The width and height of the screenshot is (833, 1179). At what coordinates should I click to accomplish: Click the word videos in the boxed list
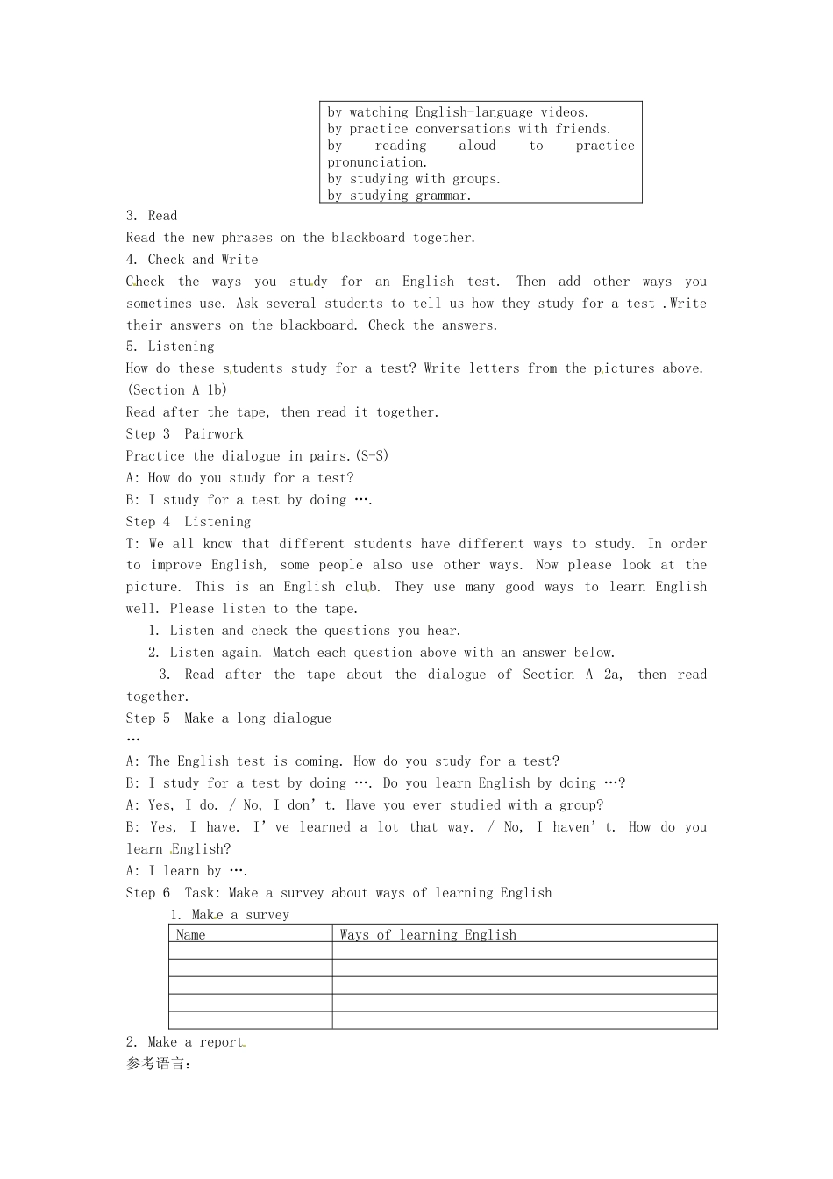tap(565, 112)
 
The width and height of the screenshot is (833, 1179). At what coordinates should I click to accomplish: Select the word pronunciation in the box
tap(377, 162)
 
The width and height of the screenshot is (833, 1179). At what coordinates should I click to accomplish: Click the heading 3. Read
tap(152, 216)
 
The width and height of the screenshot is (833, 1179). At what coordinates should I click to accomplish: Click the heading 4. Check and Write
tap(192, 260)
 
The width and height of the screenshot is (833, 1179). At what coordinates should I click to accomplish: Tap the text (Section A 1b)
tap(177, 390)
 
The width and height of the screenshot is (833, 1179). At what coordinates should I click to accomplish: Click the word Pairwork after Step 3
tap(214, 434)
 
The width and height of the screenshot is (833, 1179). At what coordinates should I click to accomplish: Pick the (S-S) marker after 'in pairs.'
tap(372, 456)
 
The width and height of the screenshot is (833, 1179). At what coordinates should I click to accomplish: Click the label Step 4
tap(148, 522)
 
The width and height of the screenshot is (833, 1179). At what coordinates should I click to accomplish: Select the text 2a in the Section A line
tap(612, 675)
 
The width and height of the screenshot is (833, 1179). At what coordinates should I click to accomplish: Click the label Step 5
tap(148, 718)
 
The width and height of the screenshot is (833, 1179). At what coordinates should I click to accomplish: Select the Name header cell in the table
tap(191, 935)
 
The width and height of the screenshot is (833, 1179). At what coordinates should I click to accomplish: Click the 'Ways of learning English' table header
tap(428, 935)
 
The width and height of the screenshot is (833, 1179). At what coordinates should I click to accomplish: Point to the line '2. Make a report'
tap(185, 1042)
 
